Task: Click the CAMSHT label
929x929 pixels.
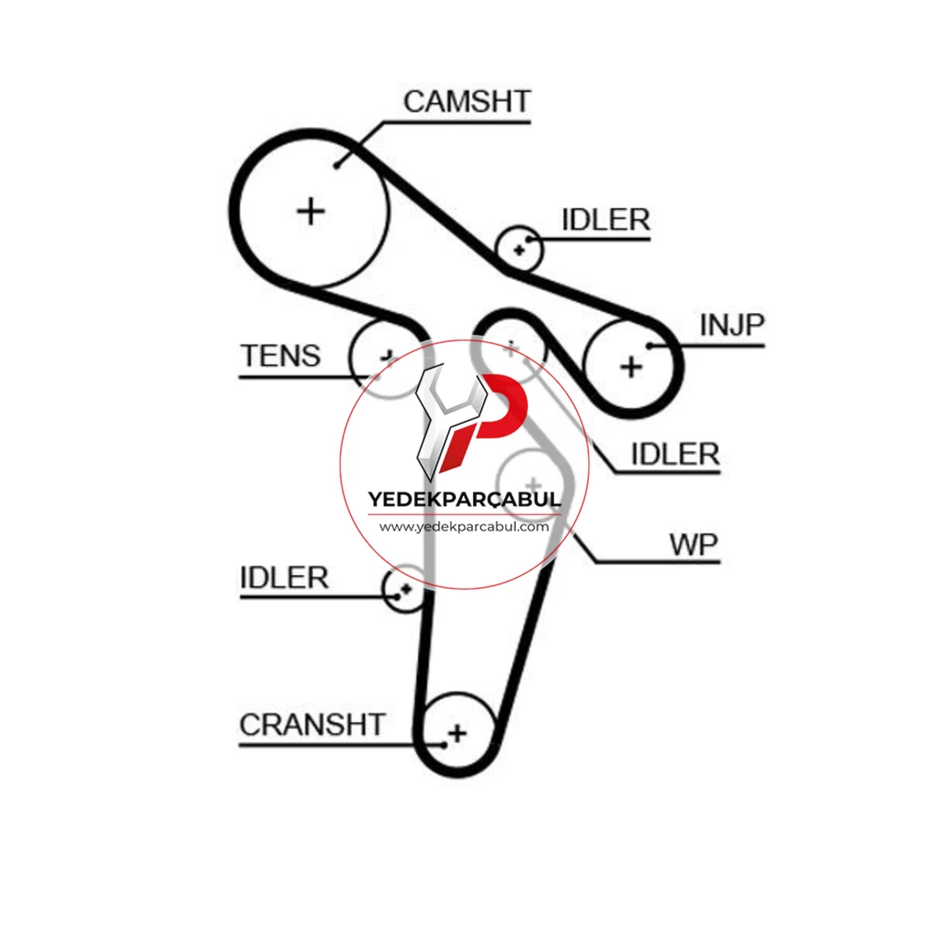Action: click(x=467, y=101)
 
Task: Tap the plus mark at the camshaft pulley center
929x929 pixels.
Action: click(x=310, y=212)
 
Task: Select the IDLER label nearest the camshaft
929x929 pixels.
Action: click(x=606, y=220)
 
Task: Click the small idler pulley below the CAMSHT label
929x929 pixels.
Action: click(x=518, y=249)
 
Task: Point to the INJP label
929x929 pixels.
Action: click(x=732, y=324)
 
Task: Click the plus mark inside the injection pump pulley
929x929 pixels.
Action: click(x=631, y=367)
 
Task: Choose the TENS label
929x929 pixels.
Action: click(x=281, y=356)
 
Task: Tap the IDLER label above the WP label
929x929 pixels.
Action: click(x=674, y=454)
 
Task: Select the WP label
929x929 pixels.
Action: click(x=693, y=544)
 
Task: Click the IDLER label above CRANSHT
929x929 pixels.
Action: click(x=283, y=578)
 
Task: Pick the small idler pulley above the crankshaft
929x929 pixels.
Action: click(x=405, y=589)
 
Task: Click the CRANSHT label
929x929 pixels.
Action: click(x=312, y=725)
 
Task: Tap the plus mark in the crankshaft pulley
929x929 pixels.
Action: click(x=457, y=734)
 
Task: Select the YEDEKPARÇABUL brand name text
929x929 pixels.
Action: click(x=464, y=500)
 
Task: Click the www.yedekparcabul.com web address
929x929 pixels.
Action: click(x=464, y=527)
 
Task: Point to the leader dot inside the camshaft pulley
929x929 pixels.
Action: click(x=336, y=165)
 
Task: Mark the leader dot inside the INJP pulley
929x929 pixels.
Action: click(x=650, y=346)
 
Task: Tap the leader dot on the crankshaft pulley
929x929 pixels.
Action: click(x=444, y=745)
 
